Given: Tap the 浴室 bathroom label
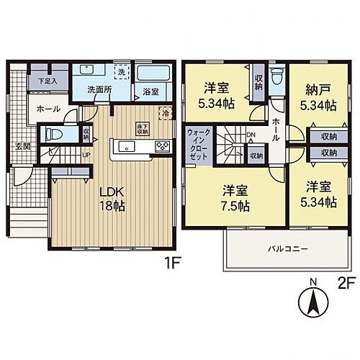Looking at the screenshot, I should click(150, 92).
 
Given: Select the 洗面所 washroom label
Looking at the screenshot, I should click(99, 91).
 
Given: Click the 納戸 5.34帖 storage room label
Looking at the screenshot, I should click(317, 99).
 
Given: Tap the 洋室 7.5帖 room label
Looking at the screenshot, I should click(235, 198).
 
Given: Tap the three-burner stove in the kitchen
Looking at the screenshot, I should click(162, 147).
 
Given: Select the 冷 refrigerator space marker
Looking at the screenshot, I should click(166, 114).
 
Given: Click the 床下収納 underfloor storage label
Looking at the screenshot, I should click(142, 130).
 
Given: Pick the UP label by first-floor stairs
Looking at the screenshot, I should click(86, 154).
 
